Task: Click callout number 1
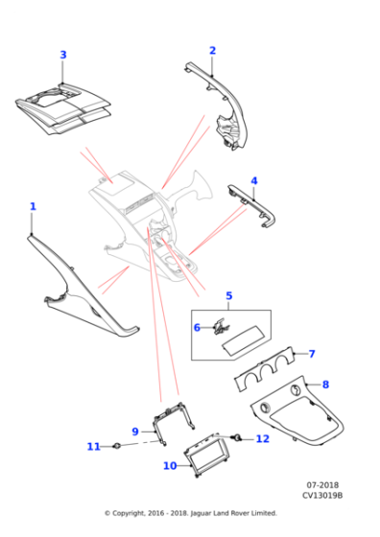[x=33, y=206]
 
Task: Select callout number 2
[x=212, y=51]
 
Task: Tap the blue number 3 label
[x=63, y=55]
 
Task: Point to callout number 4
[x=254, y=181]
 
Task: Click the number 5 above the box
[x=229, y=296]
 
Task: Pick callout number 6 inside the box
[x=197, y=328]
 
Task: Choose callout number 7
[x=312, y=354]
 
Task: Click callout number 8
[x=325, y=385]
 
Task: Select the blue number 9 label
[x=135, y=432]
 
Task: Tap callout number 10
[x=170, y=466]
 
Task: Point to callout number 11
[x=93, y=447]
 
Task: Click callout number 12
[x=263, y=439]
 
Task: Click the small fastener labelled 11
[x=117, y=446]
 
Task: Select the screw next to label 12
[x=236, y=437]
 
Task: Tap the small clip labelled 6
[x=220, y=326]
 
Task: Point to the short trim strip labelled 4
[x=252, y=205]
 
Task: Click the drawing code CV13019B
[x=322, y=495]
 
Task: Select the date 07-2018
[x=322, y=485]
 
